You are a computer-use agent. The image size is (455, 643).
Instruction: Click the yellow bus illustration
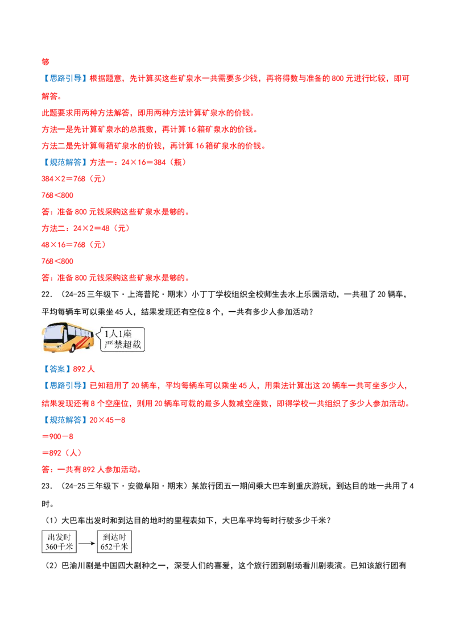[68, 338]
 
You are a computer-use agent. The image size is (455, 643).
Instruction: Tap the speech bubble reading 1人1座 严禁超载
[121, 339]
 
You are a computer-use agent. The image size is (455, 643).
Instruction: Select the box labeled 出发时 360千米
[59, 542]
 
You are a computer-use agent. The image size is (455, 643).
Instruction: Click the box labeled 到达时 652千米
[114, 542]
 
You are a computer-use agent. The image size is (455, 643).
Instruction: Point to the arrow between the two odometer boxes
[86, 544]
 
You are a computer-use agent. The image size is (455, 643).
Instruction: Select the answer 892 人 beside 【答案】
[84, 369]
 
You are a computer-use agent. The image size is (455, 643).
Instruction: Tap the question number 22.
[47, 294]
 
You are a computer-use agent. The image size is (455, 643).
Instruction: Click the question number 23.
[47, 486]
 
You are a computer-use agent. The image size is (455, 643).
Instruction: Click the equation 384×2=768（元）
[74, 179]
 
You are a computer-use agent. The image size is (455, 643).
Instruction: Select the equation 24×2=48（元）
[102, 228]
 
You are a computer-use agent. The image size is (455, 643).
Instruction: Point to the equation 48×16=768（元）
[74, 245]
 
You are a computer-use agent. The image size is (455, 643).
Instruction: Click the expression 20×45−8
[107, 420]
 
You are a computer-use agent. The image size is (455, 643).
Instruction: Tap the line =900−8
[57, 437]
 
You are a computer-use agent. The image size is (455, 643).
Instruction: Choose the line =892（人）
[61, 453]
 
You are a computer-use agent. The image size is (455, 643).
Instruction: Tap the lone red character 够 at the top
[45, 62]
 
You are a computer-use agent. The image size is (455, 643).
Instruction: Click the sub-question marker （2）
[51, 566]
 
